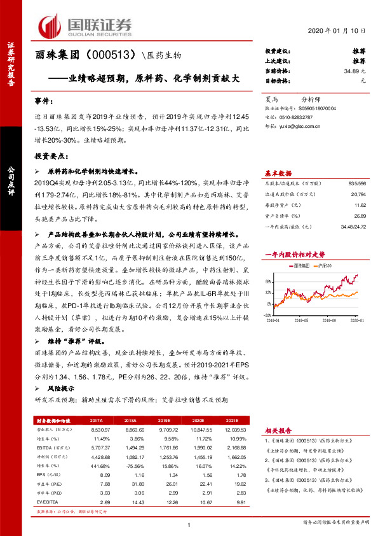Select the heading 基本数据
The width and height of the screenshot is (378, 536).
point(278,173)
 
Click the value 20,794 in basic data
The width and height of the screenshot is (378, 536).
point(358,194)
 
